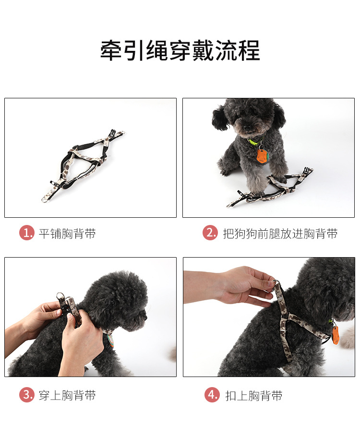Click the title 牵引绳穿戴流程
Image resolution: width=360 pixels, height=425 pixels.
click(180, 51)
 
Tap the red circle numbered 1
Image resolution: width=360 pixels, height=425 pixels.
click(26, 233)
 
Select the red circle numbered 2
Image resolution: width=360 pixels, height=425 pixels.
click(210, 233)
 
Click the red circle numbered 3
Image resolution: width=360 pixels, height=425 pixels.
click(26, 395)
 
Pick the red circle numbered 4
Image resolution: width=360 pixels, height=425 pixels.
click(212, 395)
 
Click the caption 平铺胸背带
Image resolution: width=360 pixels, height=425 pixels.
click(67, 234)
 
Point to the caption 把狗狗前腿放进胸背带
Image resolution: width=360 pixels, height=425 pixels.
click(280, 234)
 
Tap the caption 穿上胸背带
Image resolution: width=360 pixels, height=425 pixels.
click(67, 395)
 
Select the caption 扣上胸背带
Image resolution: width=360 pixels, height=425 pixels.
click(254, 395)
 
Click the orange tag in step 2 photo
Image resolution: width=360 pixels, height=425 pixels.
click(262, 156)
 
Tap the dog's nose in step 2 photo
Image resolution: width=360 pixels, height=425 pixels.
click(247, 128)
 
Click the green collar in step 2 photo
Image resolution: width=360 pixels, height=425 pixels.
click(255, 141)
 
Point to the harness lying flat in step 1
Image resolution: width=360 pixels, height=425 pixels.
click(83, 165)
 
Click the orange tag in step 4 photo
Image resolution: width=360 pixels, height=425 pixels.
click(336, 335)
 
